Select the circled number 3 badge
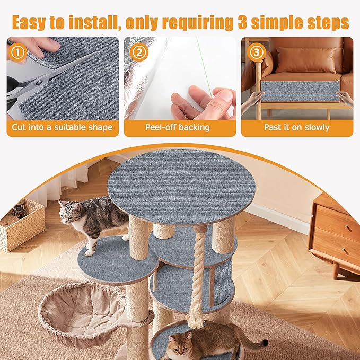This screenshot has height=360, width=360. click(256, 52)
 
